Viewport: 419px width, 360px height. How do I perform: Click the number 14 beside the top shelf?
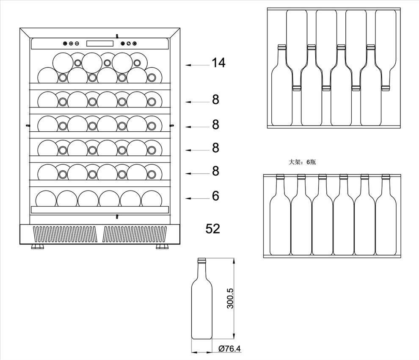[218, 63]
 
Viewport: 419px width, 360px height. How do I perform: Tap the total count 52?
[213, 229]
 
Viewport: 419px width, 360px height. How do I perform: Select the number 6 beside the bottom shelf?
[216, 196]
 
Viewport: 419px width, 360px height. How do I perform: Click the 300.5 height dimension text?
[230, 299]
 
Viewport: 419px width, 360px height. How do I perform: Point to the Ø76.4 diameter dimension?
[229, 349]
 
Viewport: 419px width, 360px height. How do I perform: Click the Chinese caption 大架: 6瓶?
[302, 162]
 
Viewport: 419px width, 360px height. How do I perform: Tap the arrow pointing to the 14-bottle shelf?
[198, 65]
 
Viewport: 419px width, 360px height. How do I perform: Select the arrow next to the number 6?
[198, 198]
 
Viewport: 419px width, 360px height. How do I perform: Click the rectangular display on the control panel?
[100, 43]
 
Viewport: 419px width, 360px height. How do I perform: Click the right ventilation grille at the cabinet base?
[135, 234]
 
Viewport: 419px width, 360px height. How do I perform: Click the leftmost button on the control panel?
[65, 43]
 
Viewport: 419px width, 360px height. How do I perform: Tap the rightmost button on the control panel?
[135, 43]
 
